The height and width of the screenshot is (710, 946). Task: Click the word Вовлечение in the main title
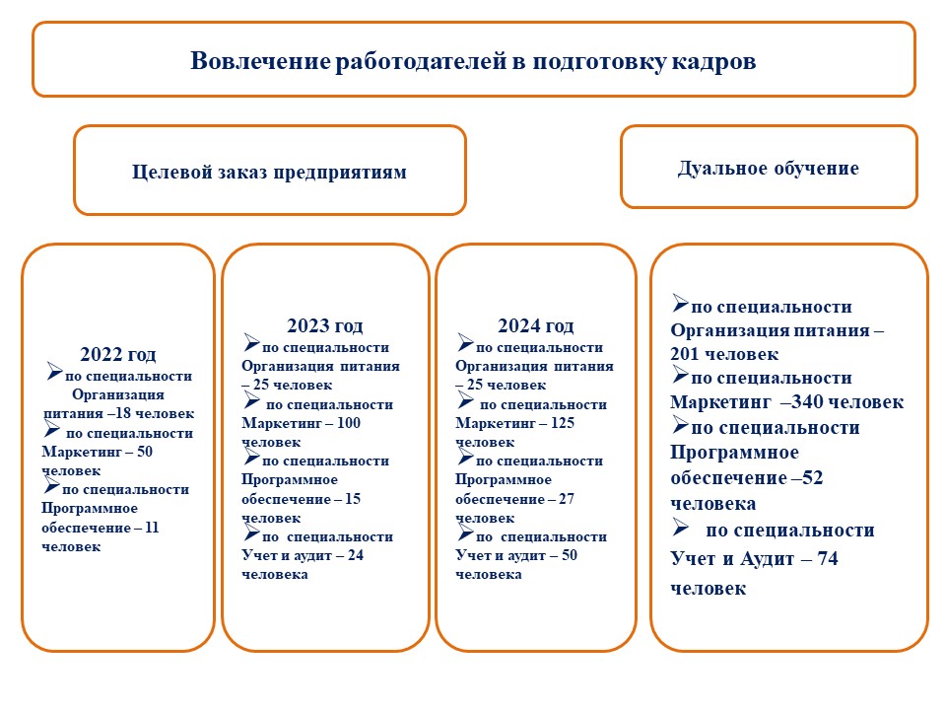click(x=260, y=61)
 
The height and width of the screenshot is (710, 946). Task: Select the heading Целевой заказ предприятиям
click(x=269, y=172)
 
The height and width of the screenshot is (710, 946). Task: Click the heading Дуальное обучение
click(x=768, y=168)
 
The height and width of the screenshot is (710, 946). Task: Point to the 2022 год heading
click(x=118, y=354)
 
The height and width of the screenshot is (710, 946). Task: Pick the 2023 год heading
click(x=324, y=326)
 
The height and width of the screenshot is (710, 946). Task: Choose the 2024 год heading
click(x=536, y=326)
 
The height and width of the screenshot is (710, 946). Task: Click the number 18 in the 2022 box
click(x=122, y=413)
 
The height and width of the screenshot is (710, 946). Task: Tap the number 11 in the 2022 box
click(x=152, y=528)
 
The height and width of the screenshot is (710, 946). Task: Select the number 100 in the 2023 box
click(x=348, y=423)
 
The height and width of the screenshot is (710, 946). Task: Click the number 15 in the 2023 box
click(x=353, y=499)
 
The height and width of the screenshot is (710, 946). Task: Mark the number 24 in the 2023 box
click(x=356, y=555)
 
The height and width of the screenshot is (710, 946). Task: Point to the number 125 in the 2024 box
click(x=563, y=423)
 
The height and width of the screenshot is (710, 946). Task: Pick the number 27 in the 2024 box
click(x=567, y=499)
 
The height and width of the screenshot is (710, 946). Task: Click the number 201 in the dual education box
click(x=684, y=354)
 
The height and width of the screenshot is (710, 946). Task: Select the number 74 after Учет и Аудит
click(x=828, y=559)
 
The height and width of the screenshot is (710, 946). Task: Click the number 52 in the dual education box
click(x=813, y=478)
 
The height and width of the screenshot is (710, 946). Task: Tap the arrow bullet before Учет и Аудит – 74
click(x=681, y=529)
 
